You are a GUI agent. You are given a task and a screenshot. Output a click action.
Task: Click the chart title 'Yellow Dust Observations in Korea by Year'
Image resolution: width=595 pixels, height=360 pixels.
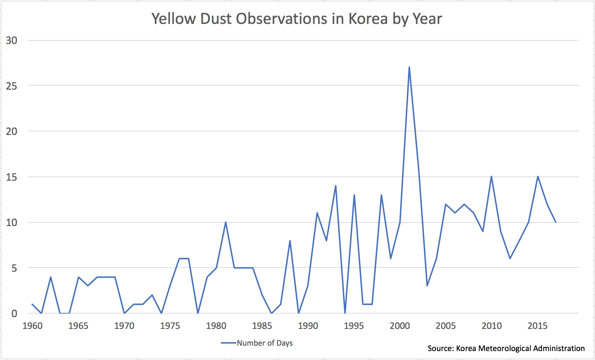click(296, 19)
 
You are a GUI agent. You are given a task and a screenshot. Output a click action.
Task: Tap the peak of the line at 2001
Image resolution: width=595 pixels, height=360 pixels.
click(409, 67)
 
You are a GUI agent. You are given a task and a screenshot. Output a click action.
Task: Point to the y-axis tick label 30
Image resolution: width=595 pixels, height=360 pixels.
click(11, 40)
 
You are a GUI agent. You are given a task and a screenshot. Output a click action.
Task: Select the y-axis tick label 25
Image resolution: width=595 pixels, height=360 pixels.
click(11, 86)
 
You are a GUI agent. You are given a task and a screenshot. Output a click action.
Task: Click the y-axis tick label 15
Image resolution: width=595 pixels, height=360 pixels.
click(11, 177)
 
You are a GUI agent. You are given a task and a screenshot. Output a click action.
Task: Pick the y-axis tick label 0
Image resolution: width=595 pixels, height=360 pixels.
click(14, 314)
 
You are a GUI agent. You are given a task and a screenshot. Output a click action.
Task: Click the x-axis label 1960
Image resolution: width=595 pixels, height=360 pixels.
click(32, 326)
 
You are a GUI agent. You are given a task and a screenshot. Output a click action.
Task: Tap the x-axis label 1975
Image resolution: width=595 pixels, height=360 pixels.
click(170, 326)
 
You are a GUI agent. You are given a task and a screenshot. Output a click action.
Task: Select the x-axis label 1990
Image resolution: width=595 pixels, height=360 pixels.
click(308, 326)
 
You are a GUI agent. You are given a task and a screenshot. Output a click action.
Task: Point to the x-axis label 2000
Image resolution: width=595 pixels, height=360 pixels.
click(400, 326)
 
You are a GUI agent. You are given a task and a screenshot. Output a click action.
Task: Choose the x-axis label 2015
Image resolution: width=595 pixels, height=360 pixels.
click(537, 326)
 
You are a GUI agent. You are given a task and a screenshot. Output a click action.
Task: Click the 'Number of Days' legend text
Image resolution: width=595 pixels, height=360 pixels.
click(265, 343)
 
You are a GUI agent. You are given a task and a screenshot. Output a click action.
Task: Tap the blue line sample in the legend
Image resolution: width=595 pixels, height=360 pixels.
click(229, 343)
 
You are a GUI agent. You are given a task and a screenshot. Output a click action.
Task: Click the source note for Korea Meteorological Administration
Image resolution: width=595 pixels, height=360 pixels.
click(506, 348)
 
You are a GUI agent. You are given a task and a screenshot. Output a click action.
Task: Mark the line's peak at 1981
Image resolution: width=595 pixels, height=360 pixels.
click(225, 222)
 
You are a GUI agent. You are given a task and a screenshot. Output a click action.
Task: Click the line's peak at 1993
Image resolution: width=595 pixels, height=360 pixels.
click(336, 186)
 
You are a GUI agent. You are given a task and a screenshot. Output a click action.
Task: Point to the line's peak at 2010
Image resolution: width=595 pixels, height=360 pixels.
click(491, 176)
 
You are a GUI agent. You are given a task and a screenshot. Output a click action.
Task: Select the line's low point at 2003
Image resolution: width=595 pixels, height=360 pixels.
click(427, 286)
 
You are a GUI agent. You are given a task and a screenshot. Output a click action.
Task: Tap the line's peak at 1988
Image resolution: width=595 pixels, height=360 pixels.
click(290, 241)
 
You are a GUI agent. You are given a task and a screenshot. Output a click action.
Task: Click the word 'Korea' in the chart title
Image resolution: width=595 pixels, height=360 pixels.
click(368, 19)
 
